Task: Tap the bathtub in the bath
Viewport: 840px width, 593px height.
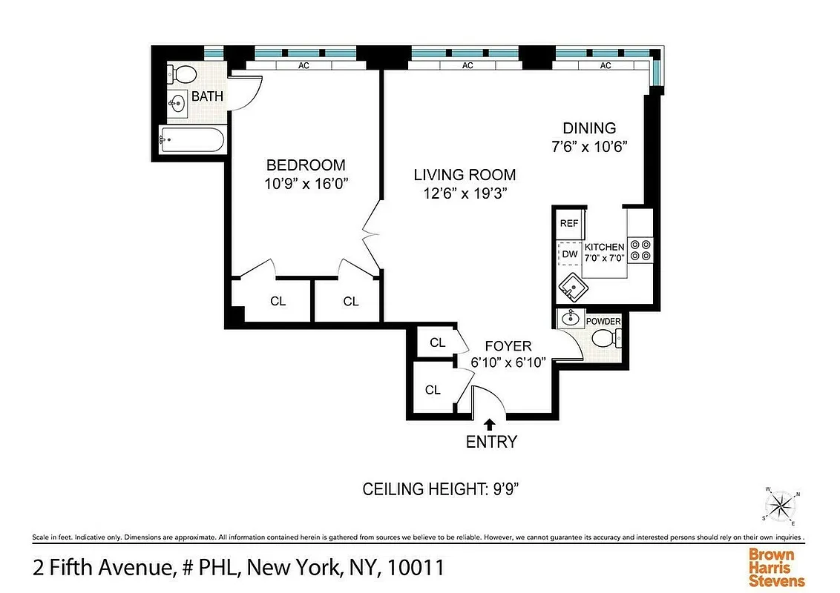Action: pos(191,140)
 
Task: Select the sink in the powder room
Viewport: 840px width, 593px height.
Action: pos(571,319)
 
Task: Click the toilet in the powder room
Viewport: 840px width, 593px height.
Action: pos(606,339)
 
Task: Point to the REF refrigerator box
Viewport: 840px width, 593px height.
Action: pos(568,223)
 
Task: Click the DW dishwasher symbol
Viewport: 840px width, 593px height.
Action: pos(569,254)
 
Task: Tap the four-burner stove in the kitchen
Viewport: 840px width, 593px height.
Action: pos(640,249)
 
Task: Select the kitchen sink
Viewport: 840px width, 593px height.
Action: pos(572,285)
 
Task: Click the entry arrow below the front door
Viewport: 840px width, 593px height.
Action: pos(490,424)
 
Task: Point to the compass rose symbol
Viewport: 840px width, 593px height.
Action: pos(780,507)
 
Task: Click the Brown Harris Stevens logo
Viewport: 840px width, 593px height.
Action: pos(776,568)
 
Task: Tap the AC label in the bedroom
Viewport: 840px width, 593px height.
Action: pos(303,65)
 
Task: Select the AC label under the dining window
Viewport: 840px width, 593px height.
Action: pos(606,65)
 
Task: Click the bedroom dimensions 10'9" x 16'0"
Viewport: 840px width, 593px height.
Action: pos(306,184)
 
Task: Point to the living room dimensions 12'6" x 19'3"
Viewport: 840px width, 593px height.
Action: pos(465,193)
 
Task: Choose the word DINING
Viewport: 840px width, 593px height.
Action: pos(589,128)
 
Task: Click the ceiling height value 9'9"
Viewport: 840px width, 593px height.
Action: pos(509,489)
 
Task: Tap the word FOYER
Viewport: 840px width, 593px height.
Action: pos(508,346)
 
